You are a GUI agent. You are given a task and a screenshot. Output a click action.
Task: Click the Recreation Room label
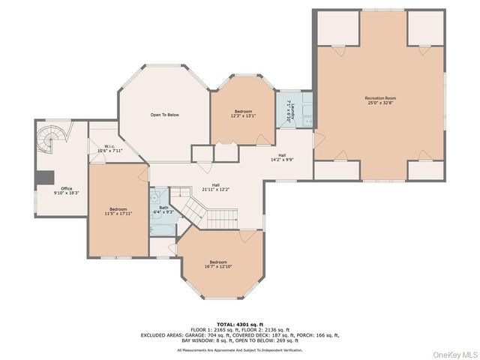(380, 98)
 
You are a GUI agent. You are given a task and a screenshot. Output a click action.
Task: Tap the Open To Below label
(164, 115)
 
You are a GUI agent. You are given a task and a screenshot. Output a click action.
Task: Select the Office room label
(67, 189)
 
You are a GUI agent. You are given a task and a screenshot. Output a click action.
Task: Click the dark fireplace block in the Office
(45, 178)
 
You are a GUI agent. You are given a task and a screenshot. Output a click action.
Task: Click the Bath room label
(163, 208)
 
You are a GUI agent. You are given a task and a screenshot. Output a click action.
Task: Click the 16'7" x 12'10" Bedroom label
(218, 265)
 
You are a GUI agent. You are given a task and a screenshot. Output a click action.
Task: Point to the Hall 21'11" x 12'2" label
(215, 187)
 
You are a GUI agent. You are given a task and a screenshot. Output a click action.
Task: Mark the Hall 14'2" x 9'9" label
(282, 157)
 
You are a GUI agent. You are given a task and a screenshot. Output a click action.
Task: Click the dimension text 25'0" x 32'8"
(380, 103)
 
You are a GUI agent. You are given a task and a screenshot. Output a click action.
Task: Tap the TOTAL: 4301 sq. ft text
(240, 324)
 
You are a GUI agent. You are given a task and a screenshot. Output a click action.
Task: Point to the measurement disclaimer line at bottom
(240, 349)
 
